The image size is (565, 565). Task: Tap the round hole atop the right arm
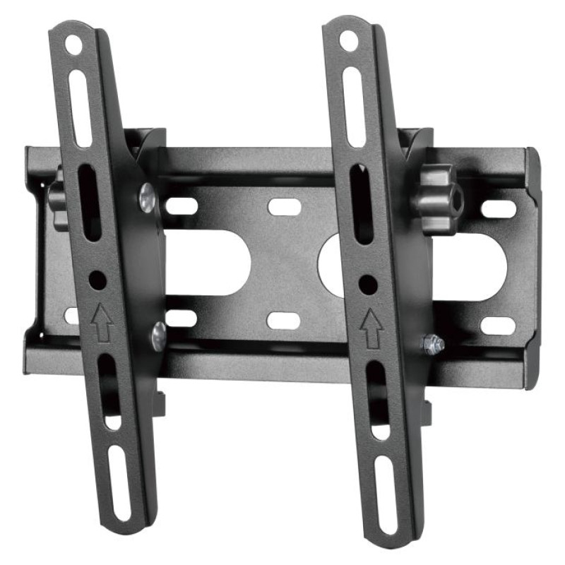[347, 40]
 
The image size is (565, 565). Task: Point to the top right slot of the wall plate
[499, 209]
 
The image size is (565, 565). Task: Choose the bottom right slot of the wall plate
[497, 326]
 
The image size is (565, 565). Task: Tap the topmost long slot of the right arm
[353, 106]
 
